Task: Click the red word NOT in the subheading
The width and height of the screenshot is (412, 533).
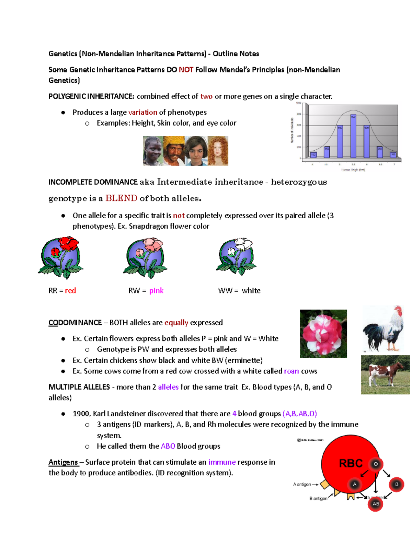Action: [186, 70]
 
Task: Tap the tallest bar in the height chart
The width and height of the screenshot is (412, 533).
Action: [353, 136]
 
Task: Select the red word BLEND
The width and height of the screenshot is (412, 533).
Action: [121, 198]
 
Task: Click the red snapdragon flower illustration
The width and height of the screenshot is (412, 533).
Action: [61, 257]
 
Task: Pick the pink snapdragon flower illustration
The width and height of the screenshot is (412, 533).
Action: [145, 257]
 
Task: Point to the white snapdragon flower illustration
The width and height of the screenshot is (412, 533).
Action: [236, 256]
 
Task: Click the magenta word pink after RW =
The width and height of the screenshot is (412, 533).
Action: [156, 291]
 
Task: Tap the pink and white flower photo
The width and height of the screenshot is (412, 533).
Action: [323, 334]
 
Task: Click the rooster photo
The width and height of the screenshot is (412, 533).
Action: [384, 328]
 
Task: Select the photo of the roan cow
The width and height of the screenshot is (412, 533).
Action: [385, 374]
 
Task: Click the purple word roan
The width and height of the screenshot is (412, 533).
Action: [291, 371]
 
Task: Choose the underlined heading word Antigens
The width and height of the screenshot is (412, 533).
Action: [63, 462]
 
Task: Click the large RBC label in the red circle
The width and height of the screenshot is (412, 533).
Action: [351, 463]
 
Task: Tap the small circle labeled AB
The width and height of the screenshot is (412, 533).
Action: [376, 504]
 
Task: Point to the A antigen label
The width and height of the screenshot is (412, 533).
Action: [302, 484]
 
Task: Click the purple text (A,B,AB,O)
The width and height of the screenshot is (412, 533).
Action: [299, 414]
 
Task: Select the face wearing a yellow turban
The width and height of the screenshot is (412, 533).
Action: [174, 151]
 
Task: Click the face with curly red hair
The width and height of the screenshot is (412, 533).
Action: [218, 151]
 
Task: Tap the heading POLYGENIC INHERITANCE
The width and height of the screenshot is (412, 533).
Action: [91, 96]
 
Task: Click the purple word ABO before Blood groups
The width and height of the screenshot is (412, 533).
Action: [168, 446]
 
